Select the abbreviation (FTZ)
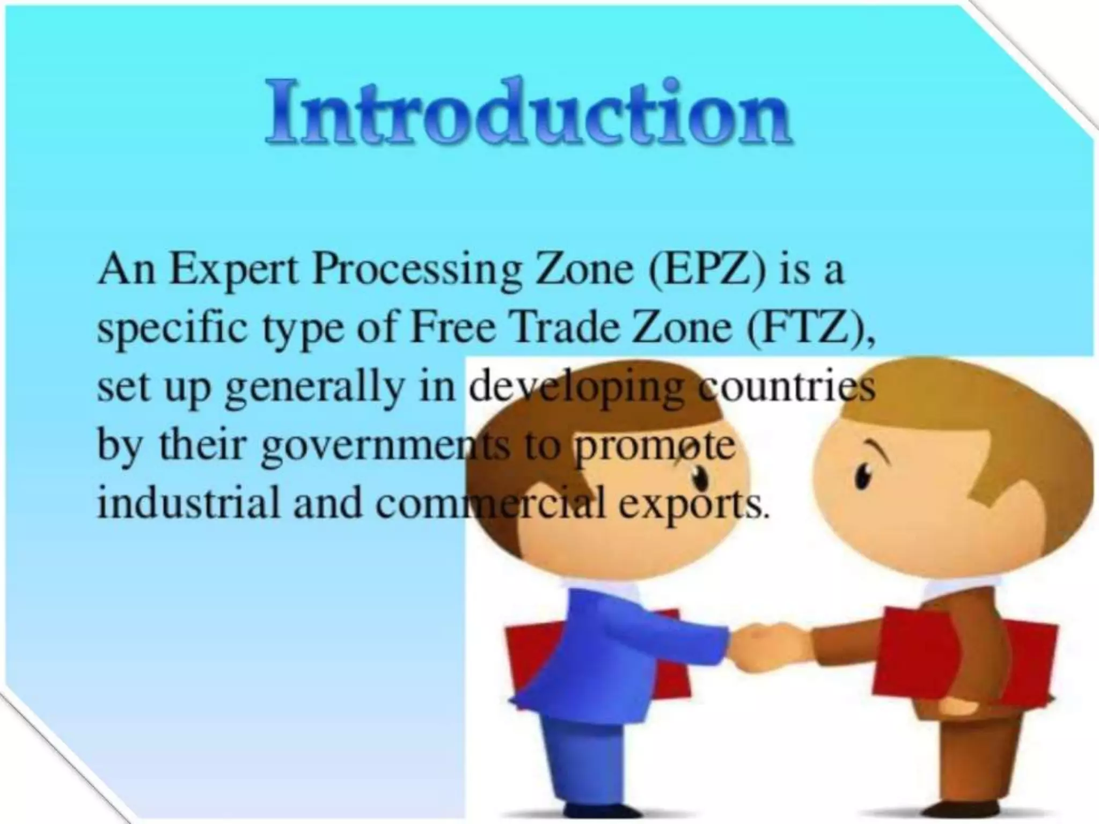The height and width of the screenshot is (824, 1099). coord(808,328)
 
